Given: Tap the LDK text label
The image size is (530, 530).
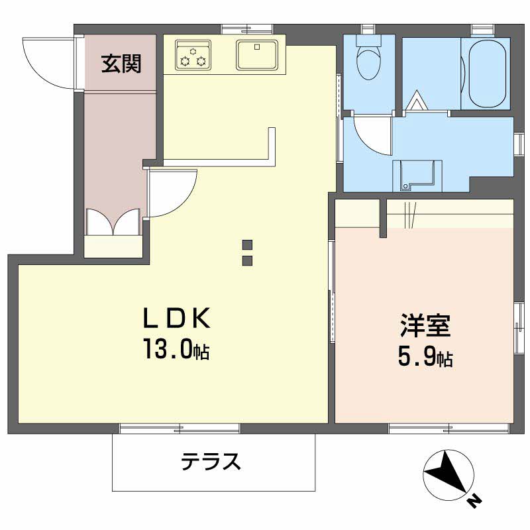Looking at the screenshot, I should click(177, 319).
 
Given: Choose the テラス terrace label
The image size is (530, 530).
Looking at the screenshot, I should click(212, 461).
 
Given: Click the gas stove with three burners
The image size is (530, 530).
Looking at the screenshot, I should click(193, 54).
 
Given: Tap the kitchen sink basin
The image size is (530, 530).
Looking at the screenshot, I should click(257, 54).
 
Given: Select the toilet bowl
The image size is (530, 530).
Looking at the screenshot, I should click(368, 60).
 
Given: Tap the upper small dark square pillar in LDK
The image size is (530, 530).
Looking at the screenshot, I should click(247, 243).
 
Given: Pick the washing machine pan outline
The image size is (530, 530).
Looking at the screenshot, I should click(417, 174).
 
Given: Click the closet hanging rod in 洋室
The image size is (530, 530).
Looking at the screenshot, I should click(450, 213).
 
